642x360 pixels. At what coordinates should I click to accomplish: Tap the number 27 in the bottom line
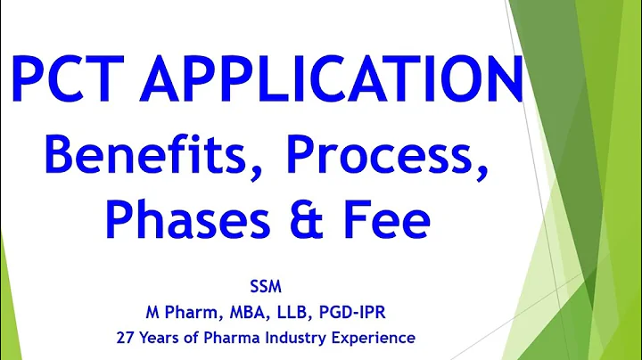125,338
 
